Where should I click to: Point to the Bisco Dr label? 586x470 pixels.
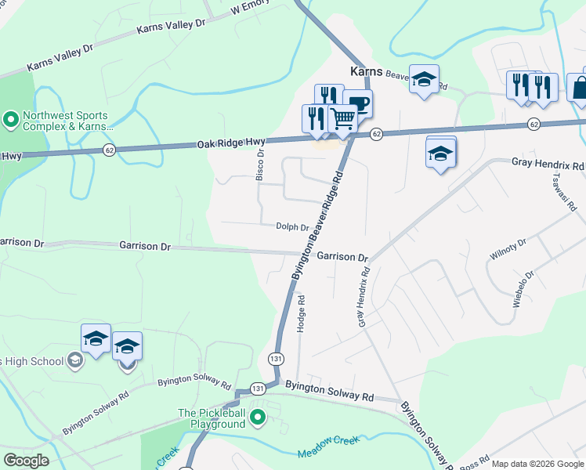[x=261, y=165]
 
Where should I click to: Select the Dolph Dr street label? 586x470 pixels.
[x=291, y=227]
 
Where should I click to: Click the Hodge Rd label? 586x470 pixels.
[x=301, y=313]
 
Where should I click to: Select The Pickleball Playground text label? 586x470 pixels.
[x=212, y=418]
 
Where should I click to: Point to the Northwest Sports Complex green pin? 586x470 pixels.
[x=11, y=120]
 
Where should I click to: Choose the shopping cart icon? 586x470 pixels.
[x=342, y=119]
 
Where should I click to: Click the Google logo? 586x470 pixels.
[x=27, y=461]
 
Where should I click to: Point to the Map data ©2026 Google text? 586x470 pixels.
[x=537, y=464]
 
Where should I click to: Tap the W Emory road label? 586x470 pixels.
[x=251, y=8]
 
